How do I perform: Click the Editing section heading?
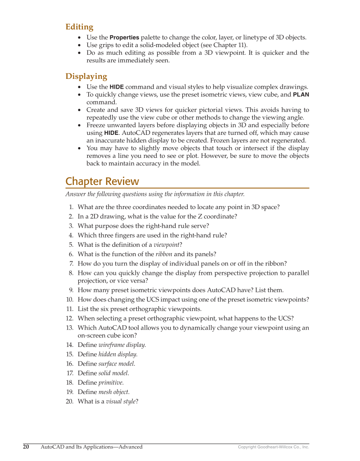(x=79, y=27)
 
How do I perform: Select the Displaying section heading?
(x=86, y=77)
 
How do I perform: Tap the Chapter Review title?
(x=102, y=182)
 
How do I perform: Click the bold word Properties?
(x=124, y=38)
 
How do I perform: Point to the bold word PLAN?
(x=301, y=95)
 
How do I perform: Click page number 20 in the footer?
(x=26, y=447)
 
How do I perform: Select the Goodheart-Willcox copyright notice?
(x=273, y=447)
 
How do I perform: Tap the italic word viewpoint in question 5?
(x=166, y=245)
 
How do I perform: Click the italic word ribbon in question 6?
(x=164, y=254)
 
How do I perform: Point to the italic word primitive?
(x=111, y=383)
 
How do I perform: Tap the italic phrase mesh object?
(x=113, y=392)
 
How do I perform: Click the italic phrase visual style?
(x=120, y=401)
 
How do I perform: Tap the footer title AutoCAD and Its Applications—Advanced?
(x=92, y=447)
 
